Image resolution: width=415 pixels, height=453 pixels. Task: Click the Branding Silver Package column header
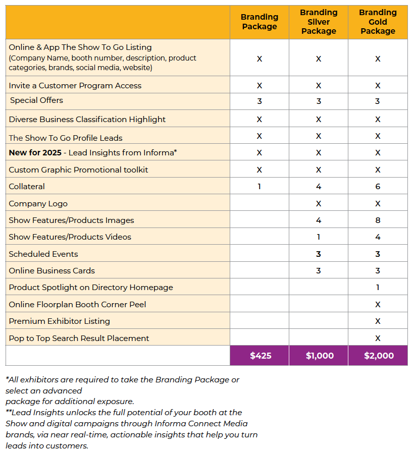point(319,22)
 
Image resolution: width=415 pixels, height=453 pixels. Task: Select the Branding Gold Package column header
point(378,22)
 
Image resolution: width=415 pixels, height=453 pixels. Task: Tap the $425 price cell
point(260,356)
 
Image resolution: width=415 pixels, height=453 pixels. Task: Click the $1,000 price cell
point(319,356)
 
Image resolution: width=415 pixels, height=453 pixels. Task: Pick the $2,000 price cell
point(378,356)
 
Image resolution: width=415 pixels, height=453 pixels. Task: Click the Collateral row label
point(27,187)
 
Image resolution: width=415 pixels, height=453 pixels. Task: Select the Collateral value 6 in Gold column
point(378,187)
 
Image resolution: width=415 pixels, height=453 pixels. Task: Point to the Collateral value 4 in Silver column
point(319,187)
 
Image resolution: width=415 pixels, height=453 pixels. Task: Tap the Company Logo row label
point(38,204)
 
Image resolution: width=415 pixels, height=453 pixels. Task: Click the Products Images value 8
point(378,220)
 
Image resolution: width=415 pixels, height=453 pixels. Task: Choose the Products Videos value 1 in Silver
point(319,237)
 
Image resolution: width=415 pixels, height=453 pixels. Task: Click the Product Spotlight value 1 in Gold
point(378,288)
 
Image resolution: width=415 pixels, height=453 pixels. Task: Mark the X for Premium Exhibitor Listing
point(378,321)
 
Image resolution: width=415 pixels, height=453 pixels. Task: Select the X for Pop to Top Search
point(378,338)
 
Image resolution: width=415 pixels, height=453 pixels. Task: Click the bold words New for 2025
point(35,153)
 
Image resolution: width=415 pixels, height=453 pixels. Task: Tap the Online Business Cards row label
point(51,271)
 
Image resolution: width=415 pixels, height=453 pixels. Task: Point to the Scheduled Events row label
point(43,254)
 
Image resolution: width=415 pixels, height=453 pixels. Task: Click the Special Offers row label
point(36,100)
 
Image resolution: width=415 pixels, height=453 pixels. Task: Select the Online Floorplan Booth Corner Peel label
point(77,305)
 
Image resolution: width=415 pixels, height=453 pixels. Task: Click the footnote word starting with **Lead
point(20,413)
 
